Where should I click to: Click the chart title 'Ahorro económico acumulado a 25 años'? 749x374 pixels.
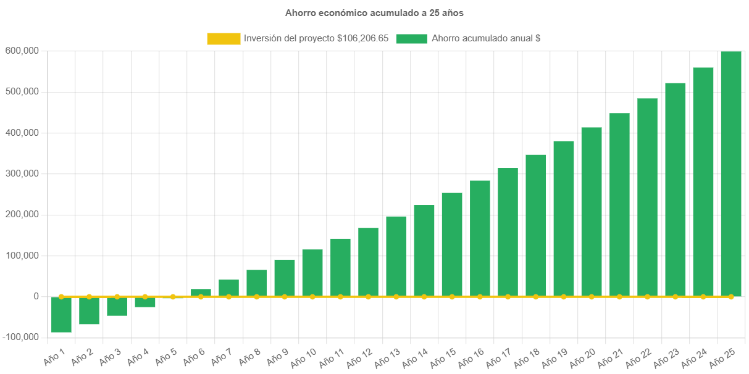(x=374, y=12)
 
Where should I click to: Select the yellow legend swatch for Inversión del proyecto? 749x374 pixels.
(x=224, y=38)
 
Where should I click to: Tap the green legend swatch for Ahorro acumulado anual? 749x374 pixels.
(x=411, y=38)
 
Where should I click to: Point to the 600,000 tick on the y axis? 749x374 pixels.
(x=22, y=51)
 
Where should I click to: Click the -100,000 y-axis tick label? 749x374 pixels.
(x=20, y=337)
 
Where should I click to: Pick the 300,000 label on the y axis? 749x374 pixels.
(x=22, y=173)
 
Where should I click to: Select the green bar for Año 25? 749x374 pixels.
(x=731, y=173)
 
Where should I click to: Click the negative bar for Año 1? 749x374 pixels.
(x=61, y=315)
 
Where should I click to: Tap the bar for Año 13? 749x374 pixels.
(x=396, y=256)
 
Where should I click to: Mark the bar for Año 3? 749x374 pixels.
(x=117, y=306)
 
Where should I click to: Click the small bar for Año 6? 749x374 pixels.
(x=201, y=293)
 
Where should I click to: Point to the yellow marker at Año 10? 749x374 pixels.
(x=312, y=297)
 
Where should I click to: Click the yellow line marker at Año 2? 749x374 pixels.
(x=89, y=297)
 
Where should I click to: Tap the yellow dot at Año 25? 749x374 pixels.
(x=731, y=297)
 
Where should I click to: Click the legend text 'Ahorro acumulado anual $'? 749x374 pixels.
(x=486, y=38)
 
